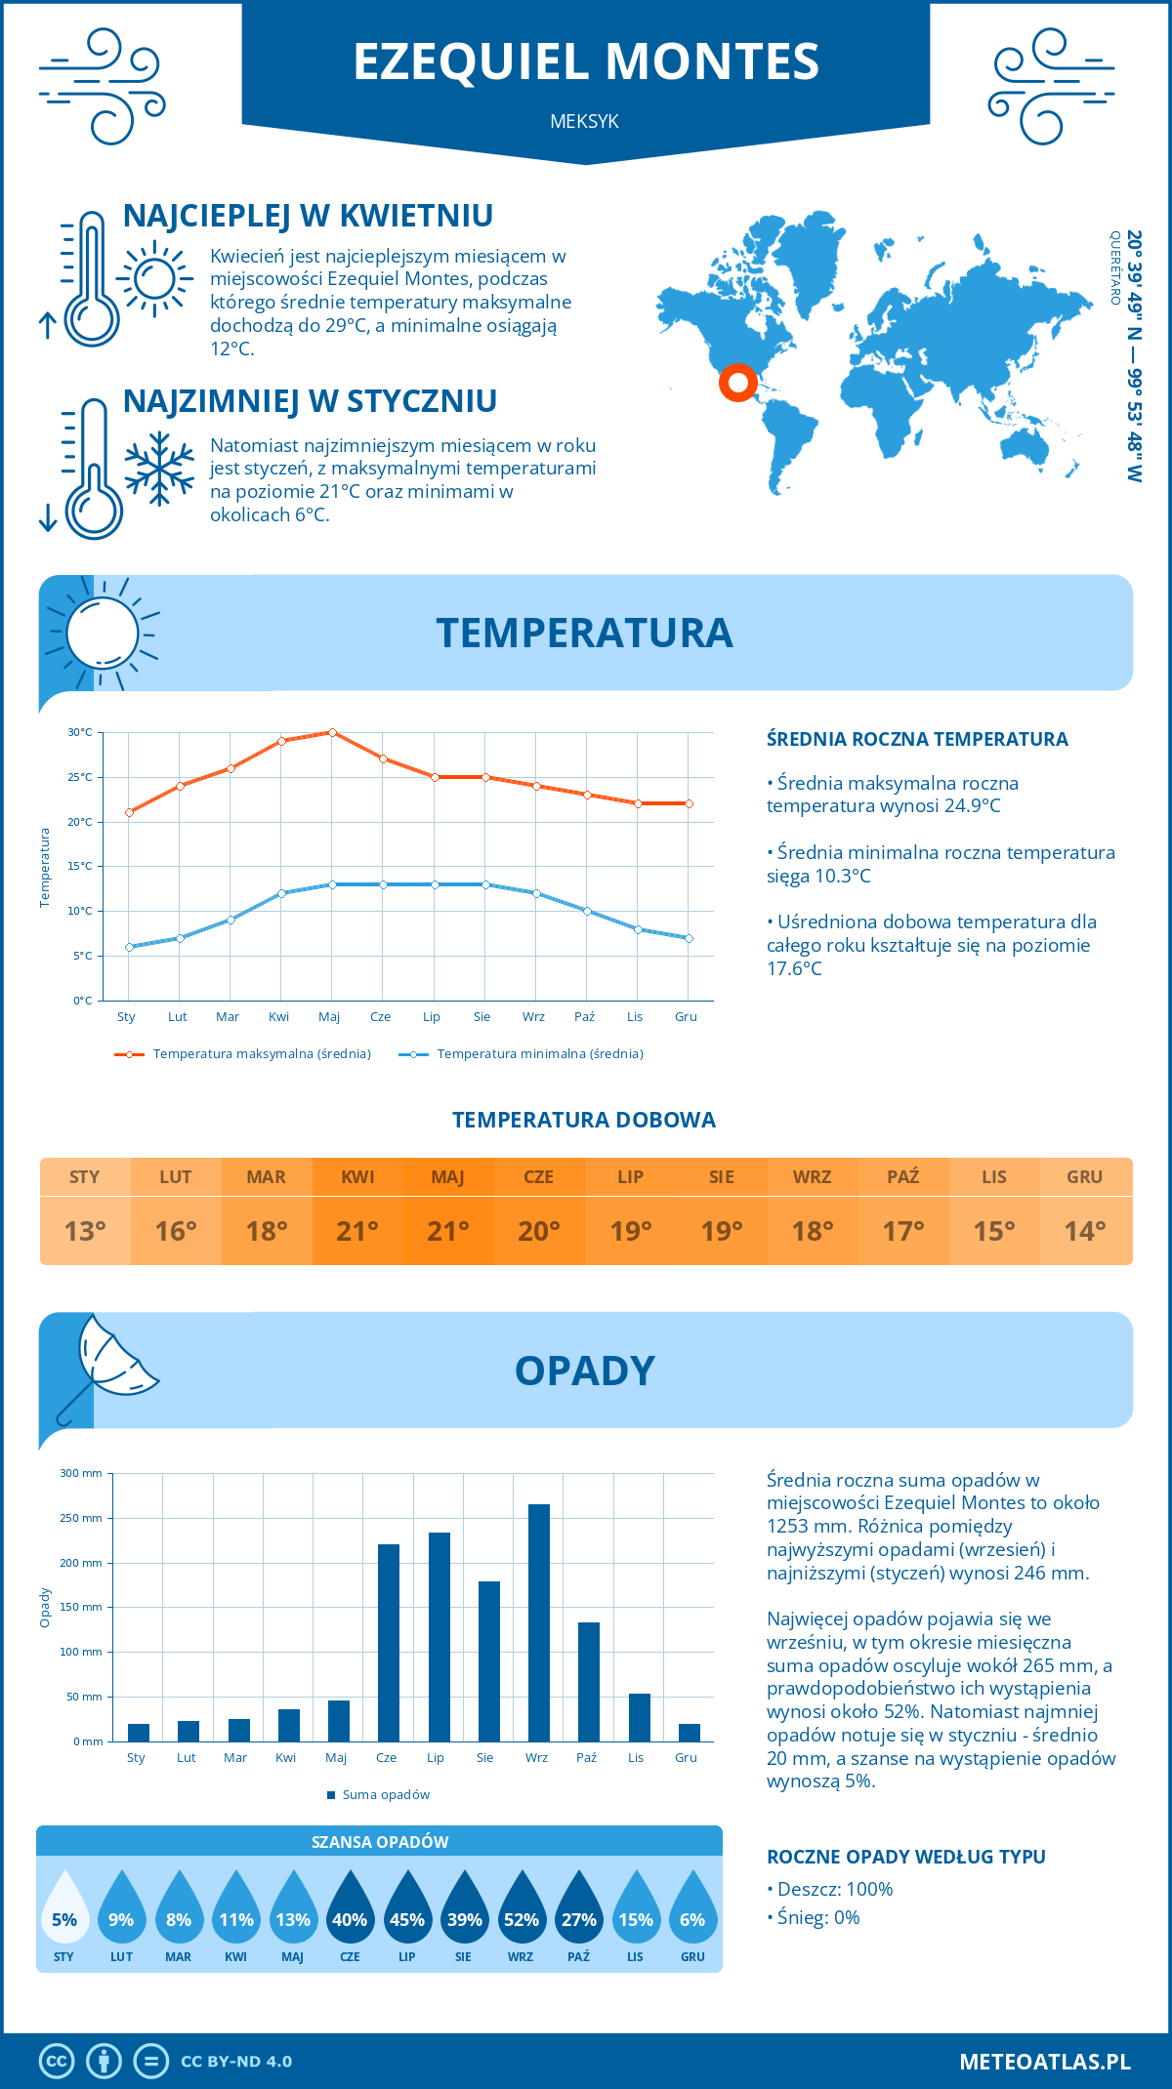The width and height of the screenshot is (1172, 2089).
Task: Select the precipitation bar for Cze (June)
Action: (x=388, y=1642)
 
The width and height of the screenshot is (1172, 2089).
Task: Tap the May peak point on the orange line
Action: (x=332, y=732)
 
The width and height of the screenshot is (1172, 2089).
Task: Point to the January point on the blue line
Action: (x=129, y=947)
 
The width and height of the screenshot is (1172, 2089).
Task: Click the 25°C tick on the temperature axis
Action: (x=80, y=777)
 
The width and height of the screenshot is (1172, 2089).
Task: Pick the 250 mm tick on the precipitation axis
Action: (x=81, y=1518)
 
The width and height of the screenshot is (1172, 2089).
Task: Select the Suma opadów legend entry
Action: (x=386, y=1795)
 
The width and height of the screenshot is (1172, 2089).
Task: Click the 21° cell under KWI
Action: (x=357, y=1231)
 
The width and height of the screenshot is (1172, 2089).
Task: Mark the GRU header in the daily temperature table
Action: (x=1085, y=1176)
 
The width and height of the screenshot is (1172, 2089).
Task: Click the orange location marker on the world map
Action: (x=737, y=382)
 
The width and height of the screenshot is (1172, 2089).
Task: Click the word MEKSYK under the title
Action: (x=584, y=121)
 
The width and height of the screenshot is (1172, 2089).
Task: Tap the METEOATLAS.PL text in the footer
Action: (x=1044, y=2062)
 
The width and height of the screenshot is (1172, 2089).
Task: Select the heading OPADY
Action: (x=584, y=1371)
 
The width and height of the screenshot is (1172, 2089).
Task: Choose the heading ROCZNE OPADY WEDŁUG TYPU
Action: (x=905, y=1857)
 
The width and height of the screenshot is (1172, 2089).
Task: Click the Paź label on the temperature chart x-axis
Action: (x=584, y=1017)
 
